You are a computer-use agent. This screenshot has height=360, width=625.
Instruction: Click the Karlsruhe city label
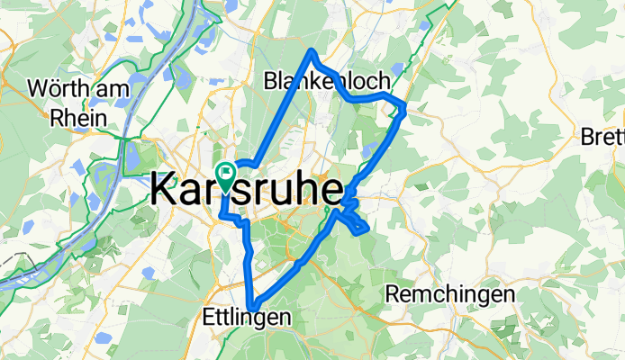point(246,190)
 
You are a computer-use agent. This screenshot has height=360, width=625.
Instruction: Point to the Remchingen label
point(449,293)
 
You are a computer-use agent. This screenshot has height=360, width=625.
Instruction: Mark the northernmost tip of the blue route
point(312,51)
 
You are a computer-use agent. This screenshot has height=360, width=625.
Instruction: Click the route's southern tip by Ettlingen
point(255,304)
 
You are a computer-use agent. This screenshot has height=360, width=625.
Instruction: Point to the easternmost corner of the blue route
point(405,109)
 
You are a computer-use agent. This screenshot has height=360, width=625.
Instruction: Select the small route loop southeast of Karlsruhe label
point(354,221)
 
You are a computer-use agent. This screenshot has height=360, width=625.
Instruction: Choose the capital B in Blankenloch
point(270,81)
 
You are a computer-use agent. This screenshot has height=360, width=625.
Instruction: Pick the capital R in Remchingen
point(393,293)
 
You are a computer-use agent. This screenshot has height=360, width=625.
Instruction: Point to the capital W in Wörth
point(37,88)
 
